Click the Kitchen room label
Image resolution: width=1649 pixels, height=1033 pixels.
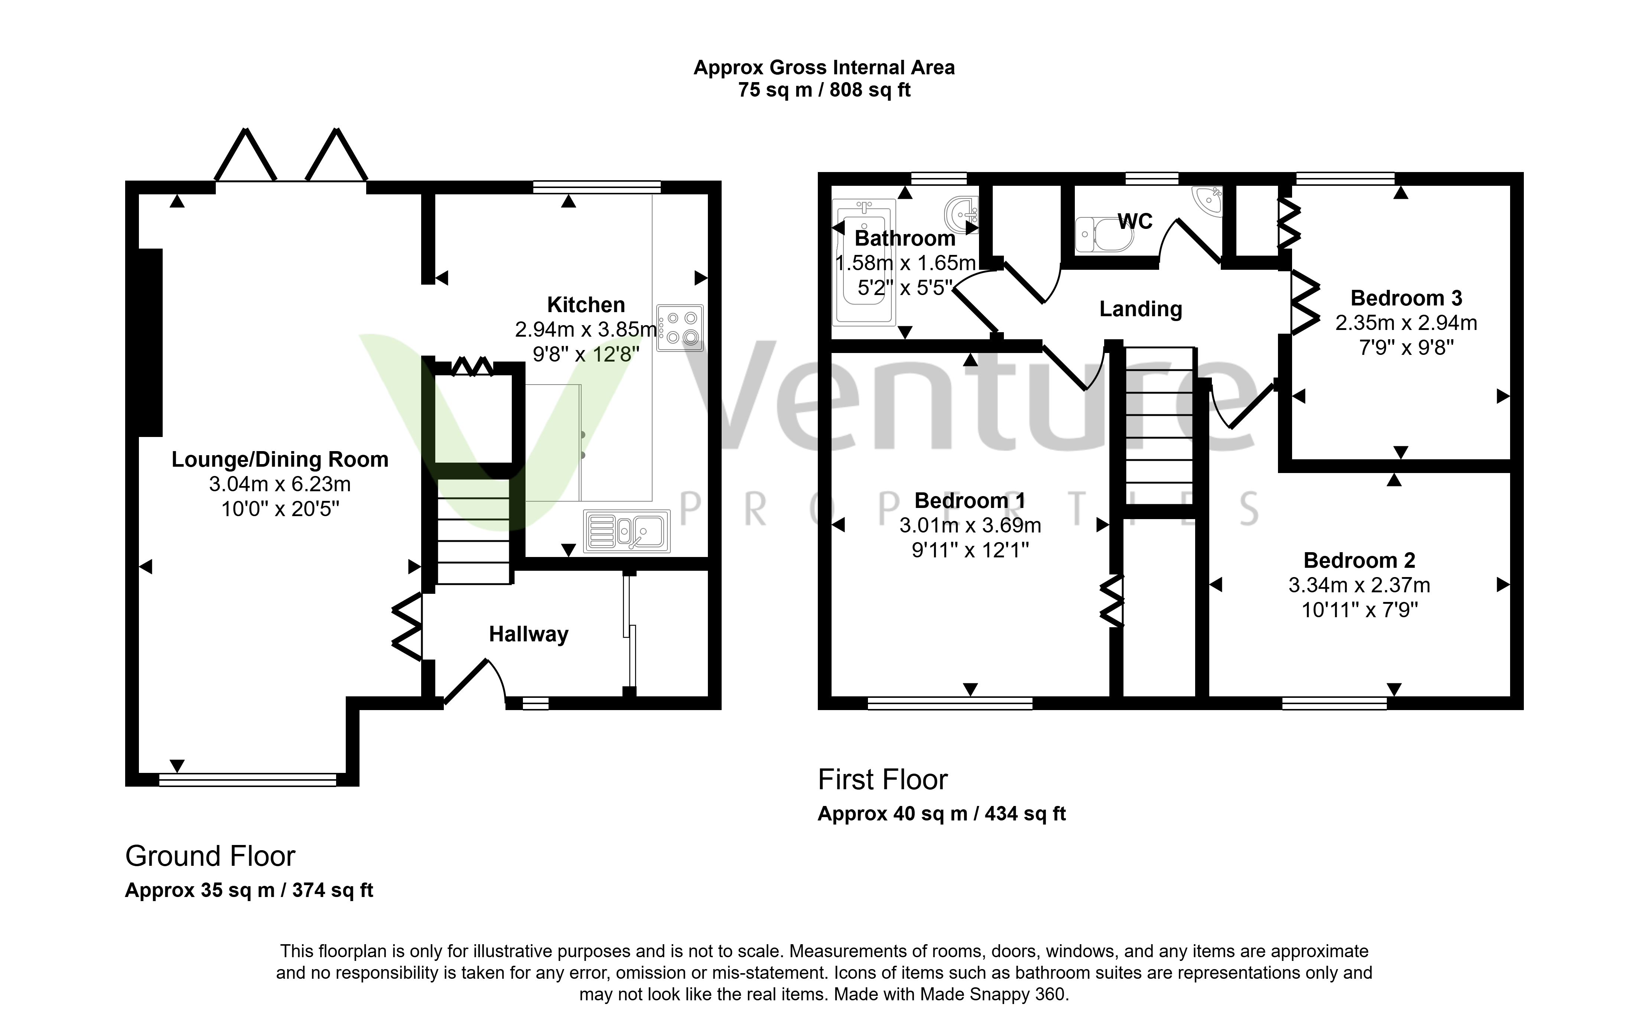click(586, 305)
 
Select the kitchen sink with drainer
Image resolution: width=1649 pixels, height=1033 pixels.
click(627, 531)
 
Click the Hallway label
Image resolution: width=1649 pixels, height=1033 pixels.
click(528, 635)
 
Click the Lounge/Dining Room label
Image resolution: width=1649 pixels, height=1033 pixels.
click(280, 459)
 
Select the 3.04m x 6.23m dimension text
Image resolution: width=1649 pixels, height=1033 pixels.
click(280, 485)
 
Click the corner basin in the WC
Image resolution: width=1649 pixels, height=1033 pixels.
click(1209, 198)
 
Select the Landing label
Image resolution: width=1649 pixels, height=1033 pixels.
click(1140, 310)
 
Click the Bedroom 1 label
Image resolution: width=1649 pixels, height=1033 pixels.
click(970, 501)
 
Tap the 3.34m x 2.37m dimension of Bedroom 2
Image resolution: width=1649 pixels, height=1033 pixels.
click(1359, 586)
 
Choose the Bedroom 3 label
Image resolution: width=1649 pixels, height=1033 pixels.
click(1406, 298)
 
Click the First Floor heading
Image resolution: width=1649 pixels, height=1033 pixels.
click(883, 780)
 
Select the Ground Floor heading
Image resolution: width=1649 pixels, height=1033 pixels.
click(210, 856)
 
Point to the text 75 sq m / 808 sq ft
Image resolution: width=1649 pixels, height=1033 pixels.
click(824, 90)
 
